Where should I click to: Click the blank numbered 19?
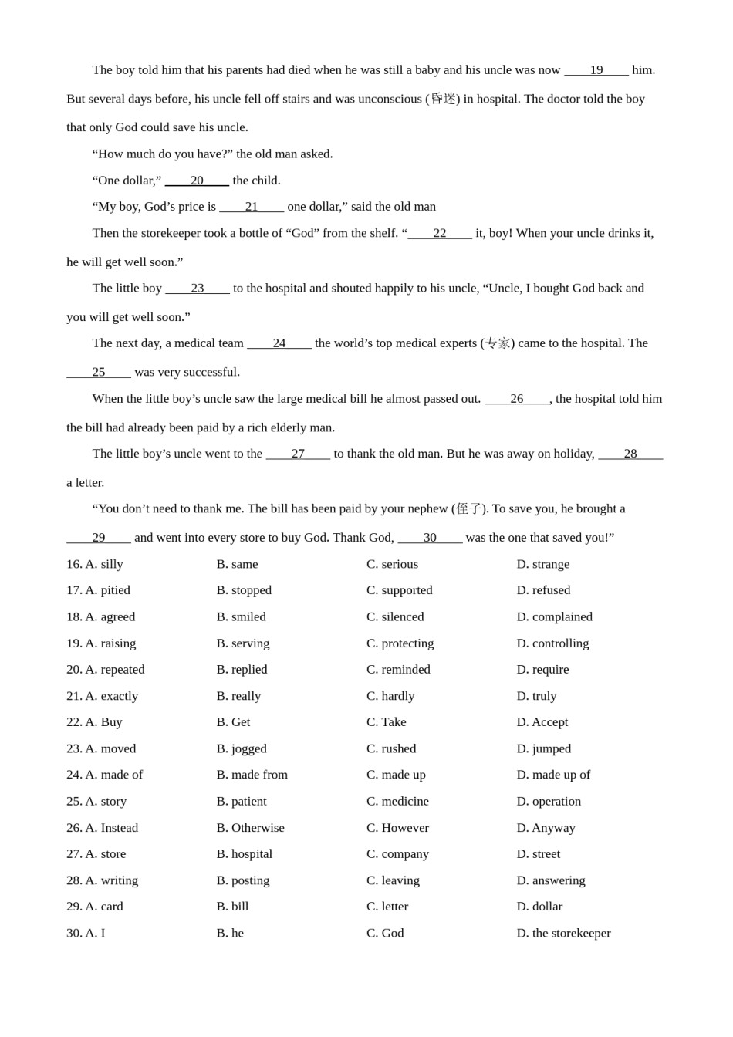pos(596,70)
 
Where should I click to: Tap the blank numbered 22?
pos(440,233)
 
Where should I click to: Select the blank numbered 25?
pos(99,372)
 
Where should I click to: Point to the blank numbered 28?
pos(630,454)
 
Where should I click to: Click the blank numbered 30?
pos(430,538)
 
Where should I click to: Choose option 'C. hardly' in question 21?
pos(390,696)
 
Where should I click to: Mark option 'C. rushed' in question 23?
pos(391,748)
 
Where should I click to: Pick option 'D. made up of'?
pos(553,775)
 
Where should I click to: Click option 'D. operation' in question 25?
pos(549,801)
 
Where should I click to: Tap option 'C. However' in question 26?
pos(397,828)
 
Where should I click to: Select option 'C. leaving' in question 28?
pos(393,880)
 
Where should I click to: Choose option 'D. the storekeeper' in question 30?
pos(563,933)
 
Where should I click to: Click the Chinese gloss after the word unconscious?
pos(443,99)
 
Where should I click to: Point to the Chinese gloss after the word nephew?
pos(468,508)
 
